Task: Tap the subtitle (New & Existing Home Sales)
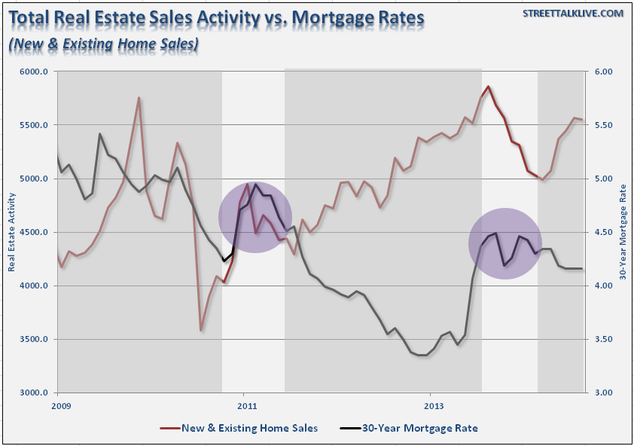103,44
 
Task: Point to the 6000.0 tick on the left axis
36,72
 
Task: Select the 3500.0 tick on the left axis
36,340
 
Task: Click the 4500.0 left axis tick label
36,233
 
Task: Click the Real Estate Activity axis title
12,232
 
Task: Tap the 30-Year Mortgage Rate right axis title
623,232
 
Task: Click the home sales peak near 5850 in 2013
488,87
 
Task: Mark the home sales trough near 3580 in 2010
201,330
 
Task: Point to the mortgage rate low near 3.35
423,355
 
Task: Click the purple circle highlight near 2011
255,217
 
